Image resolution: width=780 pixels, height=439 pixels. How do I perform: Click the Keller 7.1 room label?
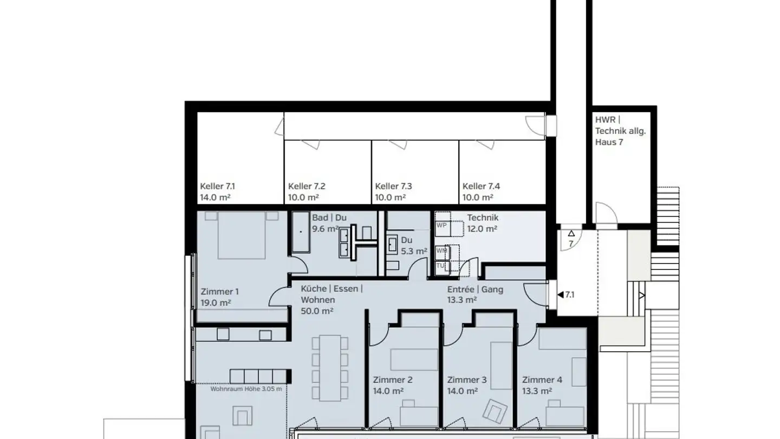coord(217,186)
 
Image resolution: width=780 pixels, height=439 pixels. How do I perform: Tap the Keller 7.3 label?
coord(393,186)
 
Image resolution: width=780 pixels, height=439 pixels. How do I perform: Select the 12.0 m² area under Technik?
coord(482,229)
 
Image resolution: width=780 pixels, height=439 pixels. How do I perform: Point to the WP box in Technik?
coord(441,225)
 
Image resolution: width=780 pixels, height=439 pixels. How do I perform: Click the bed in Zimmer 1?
coord(242,236)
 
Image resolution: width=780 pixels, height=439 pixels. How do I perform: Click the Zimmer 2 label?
coord(393,380)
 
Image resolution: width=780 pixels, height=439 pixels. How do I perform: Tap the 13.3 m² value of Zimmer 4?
coord(537,391)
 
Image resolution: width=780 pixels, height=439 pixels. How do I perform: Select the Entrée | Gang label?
coord(475,289)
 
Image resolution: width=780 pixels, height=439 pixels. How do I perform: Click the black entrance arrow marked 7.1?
coord(560,295)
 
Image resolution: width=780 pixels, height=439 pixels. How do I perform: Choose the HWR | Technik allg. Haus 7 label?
coord(620,131)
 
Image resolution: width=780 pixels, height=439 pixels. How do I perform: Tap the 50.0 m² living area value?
coord(317,311)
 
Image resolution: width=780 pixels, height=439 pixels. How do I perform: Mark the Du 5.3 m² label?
coord(413,245)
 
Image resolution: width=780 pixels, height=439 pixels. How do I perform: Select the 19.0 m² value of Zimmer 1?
coord(216,303)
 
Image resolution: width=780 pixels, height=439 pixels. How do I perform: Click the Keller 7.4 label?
coord(481,186)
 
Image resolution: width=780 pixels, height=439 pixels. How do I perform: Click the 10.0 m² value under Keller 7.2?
coord(303,198)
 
